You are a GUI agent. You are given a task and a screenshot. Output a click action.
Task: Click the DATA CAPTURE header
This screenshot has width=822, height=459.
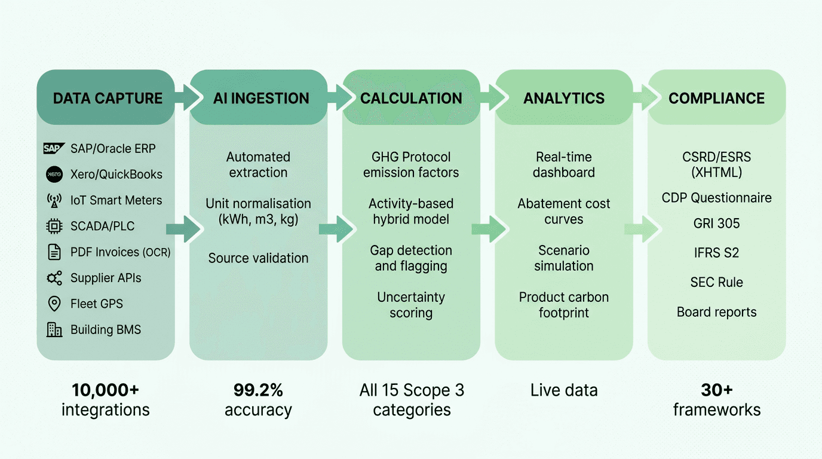click(108, 98)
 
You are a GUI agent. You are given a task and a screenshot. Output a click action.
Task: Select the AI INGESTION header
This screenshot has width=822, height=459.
click(261, 98)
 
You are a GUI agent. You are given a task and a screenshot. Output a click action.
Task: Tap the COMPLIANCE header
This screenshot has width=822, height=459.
click(716, 98)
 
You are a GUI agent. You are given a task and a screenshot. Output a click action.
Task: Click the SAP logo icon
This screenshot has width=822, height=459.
click(54, 148)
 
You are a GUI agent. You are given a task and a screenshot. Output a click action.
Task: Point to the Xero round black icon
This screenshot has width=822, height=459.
click(54, 174)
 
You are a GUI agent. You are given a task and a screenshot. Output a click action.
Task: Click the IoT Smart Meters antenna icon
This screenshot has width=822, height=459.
click(54, 200)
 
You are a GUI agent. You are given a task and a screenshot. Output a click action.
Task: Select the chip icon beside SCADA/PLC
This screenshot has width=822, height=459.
click(54, 226)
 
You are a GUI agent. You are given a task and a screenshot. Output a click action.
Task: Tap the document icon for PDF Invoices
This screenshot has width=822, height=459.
click(54, 252)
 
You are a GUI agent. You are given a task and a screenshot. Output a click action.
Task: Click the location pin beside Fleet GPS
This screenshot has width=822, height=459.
click(54, 304)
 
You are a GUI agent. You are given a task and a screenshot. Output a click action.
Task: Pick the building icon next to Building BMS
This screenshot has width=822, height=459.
click(54, 329)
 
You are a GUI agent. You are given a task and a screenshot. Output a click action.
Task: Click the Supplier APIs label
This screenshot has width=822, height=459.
click(106, 278)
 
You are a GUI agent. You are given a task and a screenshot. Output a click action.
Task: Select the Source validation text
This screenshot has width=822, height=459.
click(258, 258)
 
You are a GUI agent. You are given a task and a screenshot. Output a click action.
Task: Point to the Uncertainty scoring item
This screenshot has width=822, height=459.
click(411, 305)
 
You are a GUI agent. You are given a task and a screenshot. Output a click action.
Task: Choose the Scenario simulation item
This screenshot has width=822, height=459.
click(564, 258)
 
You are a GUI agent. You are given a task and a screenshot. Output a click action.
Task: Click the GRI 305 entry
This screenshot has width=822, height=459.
click(716, 224)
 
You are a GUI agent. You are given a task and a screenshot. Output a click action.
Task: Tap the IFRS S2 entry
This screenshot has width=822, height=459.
click(716, 253)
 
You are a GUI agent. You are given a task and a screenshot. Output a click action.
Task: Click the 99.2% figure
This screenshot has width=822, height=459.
click(258, 390)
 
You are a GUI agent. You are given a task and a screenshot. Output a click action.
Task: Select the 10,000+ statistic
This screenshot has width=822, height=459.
click(106, 390)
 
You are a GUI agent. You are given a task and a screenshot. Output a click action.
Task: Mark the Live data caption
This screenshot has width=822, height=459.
click(564, 391)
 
